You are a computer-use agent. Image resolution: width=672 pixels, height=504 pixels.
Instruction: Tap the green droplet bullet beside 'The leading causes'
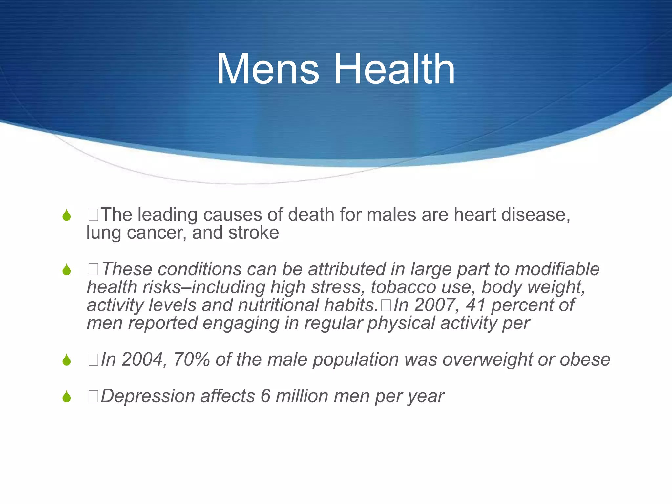click(x=67, y=215)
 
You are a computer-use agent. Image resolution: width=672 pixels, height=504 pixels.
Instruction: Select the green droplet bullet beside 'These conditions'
click(x=67, y=270)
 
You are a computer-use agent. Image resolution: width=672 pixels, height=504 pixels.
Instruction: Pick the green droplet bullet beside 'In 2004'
click(x=67, y=360)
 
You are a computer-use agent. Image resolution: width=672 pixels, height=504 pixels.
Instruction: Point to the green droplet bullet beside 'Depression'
click(x=67, y=396)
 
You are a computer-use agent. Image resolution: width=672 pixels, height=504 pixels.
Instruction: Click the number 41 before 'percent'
click(x=476, y=305)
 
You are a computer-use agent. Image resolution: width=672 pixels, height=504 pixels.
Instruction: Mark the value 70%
click(x=191, y=359)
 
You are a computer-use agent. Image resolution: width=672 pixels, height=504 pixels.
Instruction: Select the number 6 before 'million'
click(x=265, y=396)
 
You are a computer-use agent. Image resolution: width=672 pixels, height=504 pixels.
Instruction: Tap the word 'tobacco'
click(x=403, y=287)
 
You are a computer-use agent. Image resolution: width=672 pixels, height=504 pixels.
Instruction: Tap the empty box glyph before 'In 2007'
click(x=386, y=305)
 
